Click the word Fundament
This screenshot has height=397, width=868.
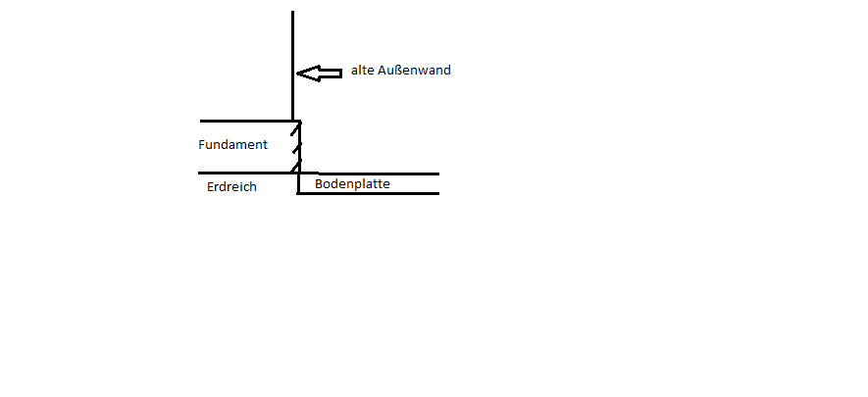232,145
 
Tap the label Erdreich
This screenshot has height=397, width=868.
231,187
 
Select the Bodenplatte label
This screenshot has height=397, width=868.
352,184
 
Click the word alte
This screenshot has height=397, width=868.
363,71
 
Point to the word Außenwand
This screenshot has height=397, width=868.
415,71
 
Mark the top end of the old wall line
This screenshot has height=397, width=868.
292,11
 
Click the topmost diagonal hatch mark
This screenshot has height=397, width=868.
296,129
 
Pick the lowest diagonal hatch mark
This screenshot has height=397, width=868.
296,166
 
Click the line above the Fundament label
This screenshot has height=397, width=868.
250,121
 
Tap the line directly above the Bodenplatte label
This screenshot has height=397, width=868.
379,174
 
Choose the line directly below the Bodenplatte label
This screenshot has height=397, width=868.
368,193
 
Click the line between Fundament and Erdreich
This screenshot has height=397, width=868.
258,173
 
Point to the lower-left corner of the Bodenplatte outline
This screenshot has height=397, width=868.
298,193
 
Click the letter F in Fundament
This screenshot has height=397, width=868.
201,145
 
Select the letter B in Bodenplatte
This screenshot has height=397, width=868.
319,183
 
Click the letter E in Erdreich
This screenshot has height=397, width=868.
210,187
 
